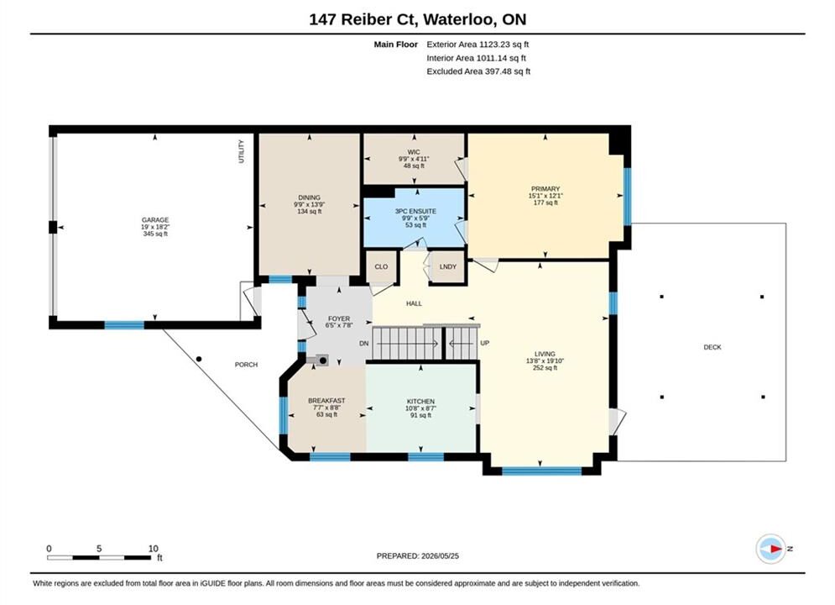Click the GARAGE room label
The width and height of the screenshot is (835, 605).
pos(155,219)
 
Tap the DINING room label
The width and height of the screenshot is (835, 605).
pos(310,197)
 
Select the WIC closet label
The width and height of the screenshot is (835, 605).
pos(414,152)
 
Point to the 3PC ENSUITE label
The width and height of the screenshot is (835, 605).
pos(415,211)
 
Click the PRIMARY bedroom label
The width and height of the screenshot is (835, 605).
pos(545,189)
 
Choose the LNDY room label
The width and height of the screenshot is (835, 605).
pos(448,266)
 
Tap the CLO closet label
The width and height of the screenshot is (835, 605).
pos(381,266)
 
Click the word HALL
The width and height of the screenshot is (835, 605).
pos(414,303)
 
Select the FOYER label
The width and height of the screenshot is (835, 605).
pos(339,318)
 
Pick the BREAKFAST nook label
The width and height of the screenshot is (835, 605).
pos(326,400)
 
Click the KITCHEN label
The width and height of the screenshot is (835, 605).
pos(420,402)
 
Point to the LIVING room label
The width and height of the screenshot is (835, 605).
pos(545,354)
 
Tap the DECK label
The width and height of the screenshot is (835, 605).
pos(712,347)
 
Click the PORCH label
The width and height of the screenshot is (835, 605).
pos(246,365)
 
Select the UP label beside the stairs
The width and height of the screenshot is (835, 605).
pos(484,344)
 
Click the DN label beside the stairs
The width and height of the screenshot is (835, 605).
pos(363,344)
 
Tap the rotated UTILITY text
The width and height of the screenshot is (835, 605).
pos(241,151)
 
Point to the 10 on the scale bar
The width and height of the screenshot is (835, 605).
pos(154,549)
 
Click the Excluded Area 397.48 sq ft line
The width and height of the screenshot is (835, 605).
pos(478,71)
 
